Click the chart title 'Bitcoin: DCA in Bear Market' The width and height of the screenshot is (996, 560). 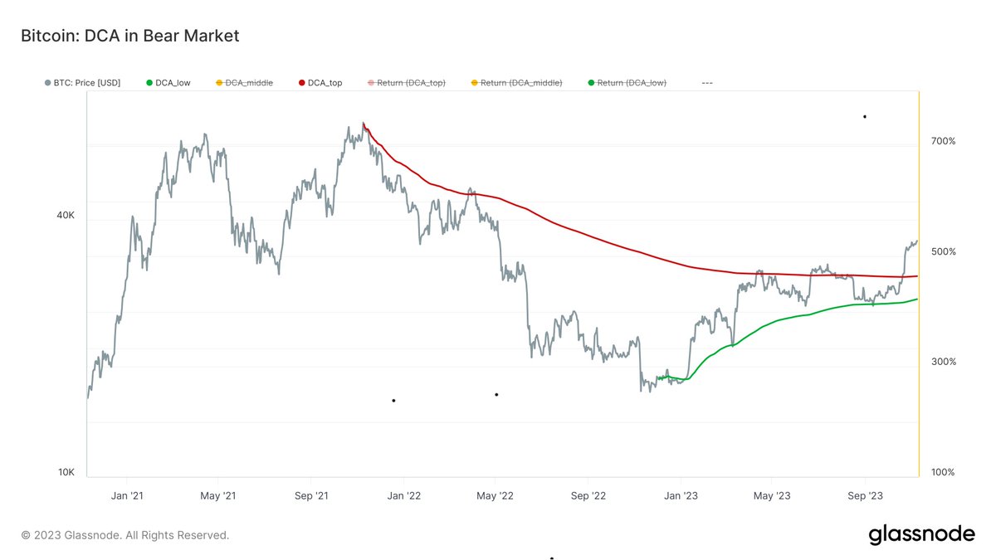(129, 36)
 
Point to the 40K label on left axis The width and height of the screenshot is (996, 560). (66, 215)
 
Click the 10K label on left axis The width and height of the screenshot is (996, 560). (66, 473)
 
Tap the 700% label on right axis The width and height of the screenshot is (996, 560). (943, 141)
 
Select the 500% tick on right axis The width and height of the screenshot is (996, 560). (943, 251)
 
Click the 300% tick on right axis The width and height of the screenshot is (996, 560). (943, 362)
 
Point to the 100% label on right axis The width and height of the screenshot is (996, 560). (943, 472)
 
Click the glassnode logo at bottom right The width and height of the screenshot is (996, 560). (921, 535)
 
